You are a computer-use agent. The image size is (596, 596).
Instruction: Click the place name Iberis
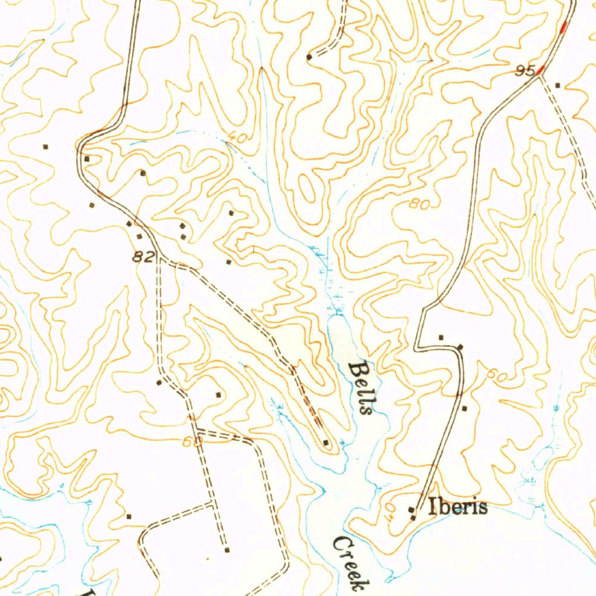coord(457,508)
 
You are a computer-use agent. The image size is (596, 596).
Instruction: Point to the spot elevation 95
coord(525,71)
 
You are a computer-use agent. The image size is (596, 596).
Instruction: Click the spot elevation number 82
coord(143,257)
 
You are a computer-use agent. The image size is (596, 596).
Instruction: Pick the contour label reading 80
coord(418,204)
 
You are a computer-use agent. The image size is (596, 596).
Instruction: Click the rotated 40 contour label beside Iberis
coord(391,511)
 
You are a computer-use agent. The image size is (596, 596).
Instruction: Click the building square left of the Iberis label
coord(412,510)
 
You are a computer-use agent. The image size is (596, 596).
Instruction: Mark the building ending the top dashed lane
coord(310,57)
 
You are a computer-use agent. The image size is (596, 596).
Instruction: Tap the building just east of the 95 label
coord(558,86)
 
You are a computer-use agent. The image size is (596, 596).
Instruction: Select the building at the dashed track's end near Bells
coord(326,444)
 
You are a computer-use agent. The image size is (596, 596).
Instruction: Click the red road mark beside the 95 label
coord(541,70)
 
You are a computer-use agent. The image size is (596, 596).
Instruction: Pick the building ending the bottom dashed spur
coord(227,549)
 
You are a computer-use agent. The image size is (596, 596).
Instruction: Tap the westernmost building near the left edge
coord(45,146)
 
